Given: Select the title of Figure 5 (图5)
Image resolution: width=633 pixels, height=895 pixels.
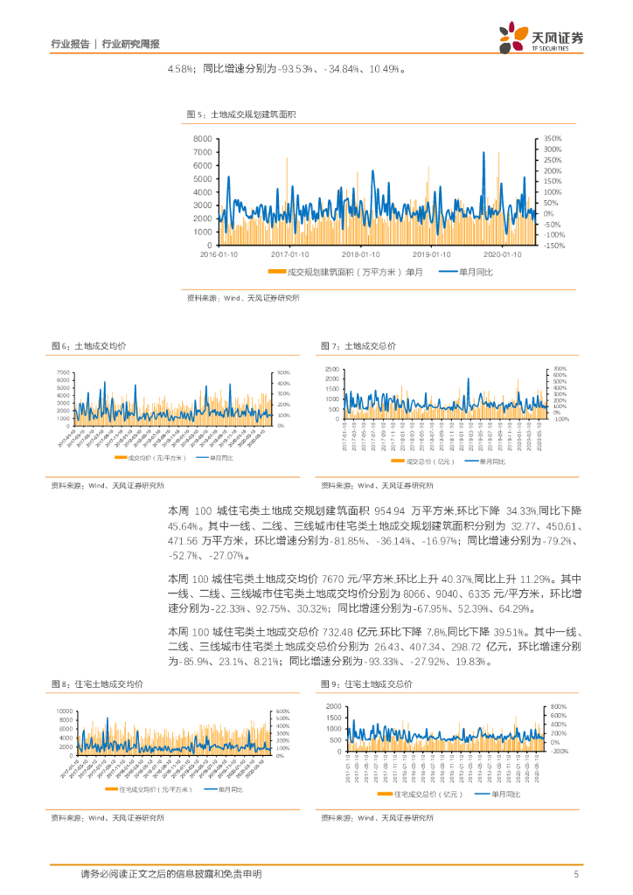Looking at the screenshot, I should pos(242,114).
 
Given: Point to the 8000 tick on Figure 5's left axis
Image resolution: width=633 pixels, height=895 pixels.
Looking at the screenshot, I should pos(203,139).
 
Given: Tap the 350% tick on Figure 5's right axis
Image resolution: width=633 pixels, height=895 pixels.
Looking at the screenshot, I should pos(553,139).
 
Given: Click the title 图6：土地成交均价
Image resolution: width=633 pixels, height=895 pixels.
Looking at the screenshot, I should pos(87,346).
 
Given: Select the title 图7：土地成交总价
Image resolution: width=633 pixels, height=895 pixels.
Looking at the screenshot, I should pos(358,346).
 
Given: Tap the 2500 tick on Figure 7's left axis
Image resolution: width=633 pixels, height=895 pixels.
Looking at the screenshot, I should pos(332,369).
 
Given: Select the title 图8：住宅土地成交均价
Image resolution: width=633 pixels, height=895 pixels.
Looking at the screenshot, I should pos(97,683).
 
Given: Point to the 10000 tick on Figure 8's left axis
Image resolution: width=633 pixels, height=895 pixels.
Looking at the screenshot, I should pos(61,711).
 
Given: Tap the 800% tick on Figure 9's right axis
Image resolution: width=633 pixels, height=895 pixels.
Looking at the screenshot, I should pos(560,706).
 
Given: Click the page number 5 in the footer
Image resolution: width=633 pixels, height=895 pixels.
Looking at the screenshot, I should pos(575,873).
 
